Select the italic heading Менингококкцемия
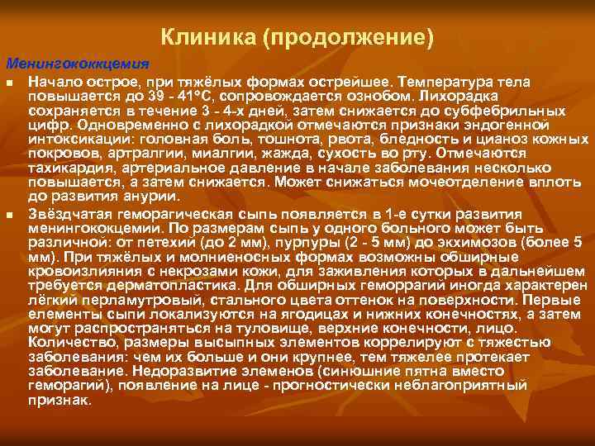[x=78, y=64]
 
